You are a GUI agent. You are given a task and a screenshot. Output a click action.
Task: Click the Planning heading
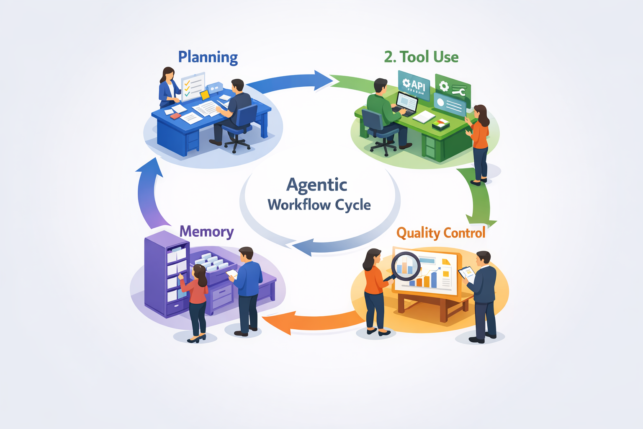208,57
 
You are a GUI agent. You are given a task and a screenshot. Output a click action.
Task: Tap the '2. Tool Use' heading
421,57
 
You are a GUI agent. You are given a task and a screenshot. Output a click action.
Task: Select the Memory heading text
206,231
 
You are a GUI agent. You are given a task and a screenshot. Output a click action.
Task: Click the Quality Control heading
441,233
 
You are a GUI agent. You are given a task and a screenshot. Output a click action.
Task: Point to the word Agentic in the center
317,185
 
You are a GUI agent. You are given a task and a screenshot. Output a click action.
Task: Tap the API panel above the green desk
414,85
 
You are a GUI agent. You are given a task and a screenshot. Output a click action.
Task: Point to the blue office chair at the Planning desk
241,126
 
